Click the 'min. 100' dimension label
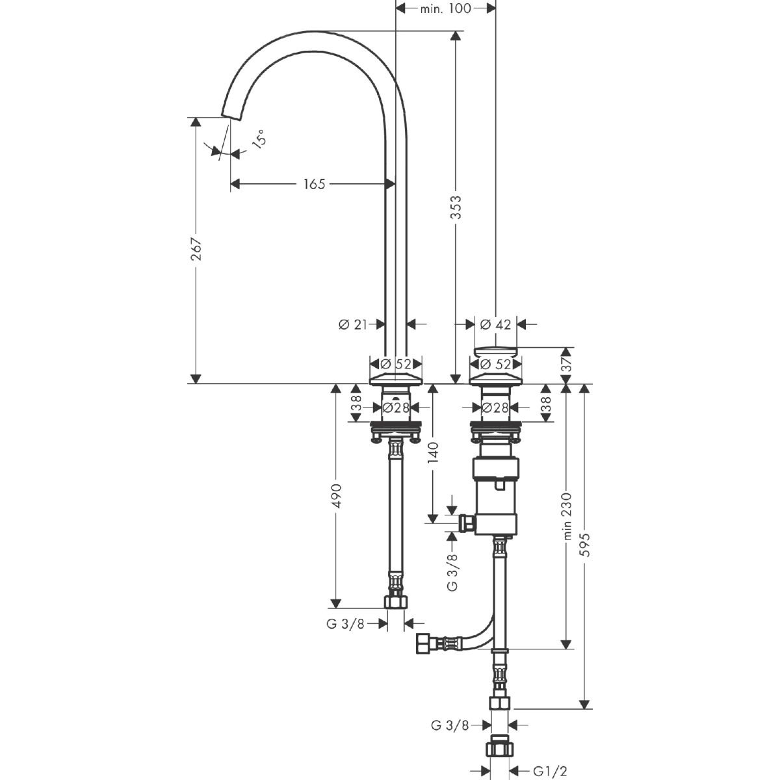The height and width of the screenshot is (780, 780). coord(446,8)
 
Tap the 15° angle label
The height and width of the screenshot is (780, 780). coord(258,140)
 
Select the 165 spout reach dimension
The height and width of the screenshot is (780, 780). coord(313,185)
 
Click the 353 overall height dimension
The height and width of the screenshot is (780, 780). coord(456,208)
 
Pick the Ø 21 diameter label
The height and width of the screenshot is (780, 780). coord(354,324)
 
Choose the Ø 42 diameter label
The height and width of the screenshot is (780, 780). coord(495,324)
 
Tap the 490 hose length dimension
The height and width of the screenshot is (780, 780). coord(336,495)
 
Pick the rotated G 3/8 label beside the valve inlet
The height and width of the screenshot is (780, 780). coord(453,571)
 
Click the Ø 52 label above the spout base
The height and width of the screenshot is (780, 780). coord(395,364)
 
